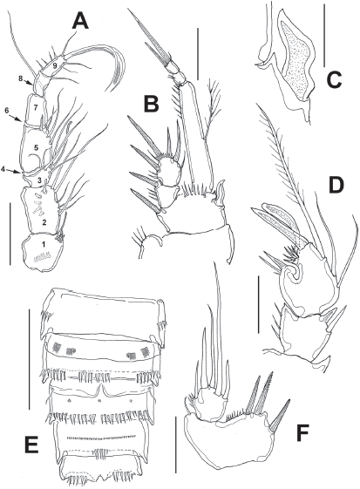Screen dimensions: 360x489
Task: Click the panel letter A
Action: click(80, 18)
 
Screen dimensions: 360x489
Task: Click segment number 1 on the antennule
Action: click(44, 245)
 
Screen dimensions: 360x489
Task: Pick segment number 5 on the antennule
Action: click(37, 148)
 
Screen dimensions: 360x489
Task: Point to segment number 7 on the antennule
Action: click(36, 107)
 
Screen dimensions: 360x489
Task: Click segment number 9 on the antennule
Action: click(54, 65)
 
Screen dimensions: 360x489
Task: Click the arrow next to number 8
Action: click(29, 82)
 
